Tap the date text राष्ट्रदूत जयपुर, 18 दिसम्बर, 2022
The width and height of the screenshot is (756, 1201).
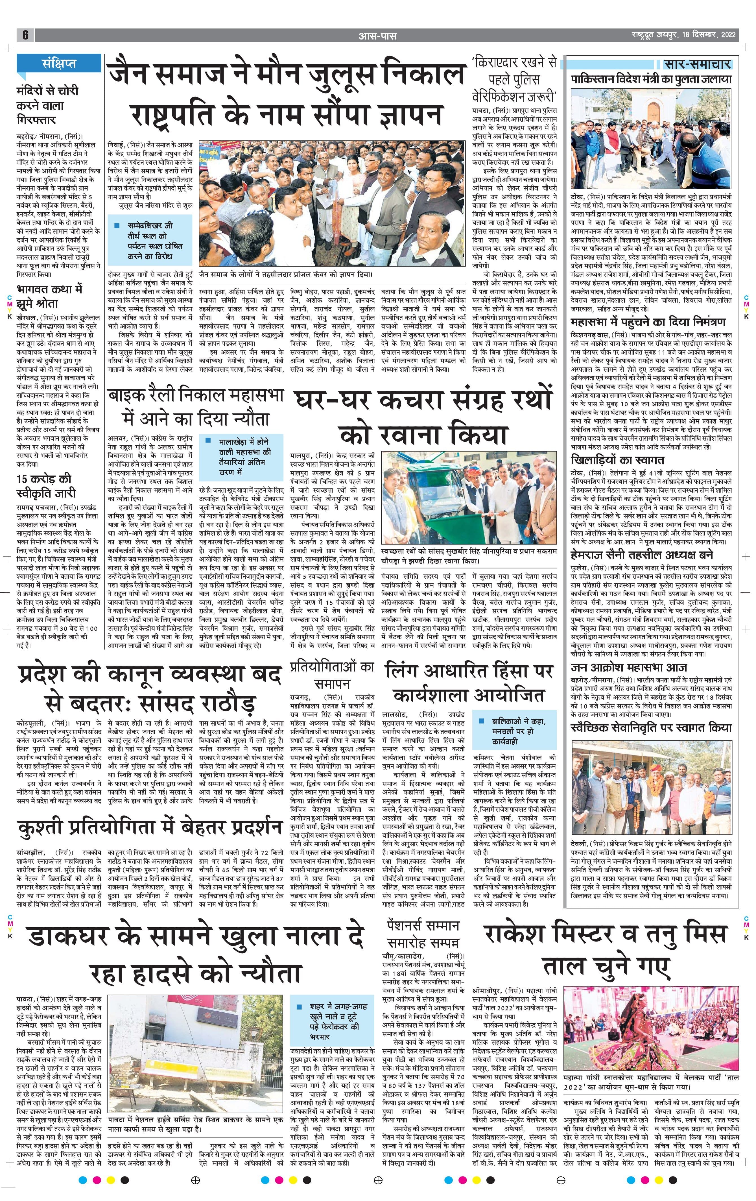pyautogui.click(x=682, y=35)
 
